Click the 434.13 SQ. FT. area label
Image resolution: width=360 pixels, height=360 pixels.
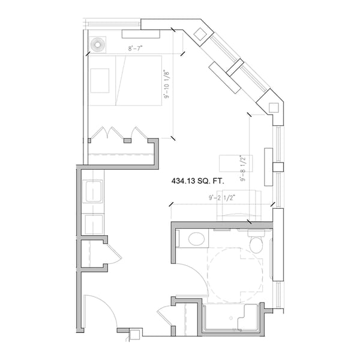(x=198, y=179)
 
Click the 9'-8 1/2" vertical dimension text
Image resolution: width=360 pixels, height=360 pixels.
(x=243, y=169)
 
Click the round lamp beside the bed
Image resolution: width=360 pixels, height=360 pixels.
(x=97, y=44)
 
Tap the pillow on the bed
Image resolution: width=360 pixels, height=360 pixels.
(x=100, y=80)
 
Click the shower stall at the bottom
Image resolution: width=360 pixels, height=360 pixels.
(x=231, y=318)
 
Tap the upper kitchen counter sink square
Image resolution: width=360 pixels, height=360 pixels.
(x=94, y=192)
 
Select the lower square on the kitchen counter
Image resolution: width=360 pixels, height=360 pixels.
(x=94, y=224)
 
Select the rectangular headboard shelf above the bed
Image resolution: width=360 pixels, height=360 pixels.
(x=140, y=34)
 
